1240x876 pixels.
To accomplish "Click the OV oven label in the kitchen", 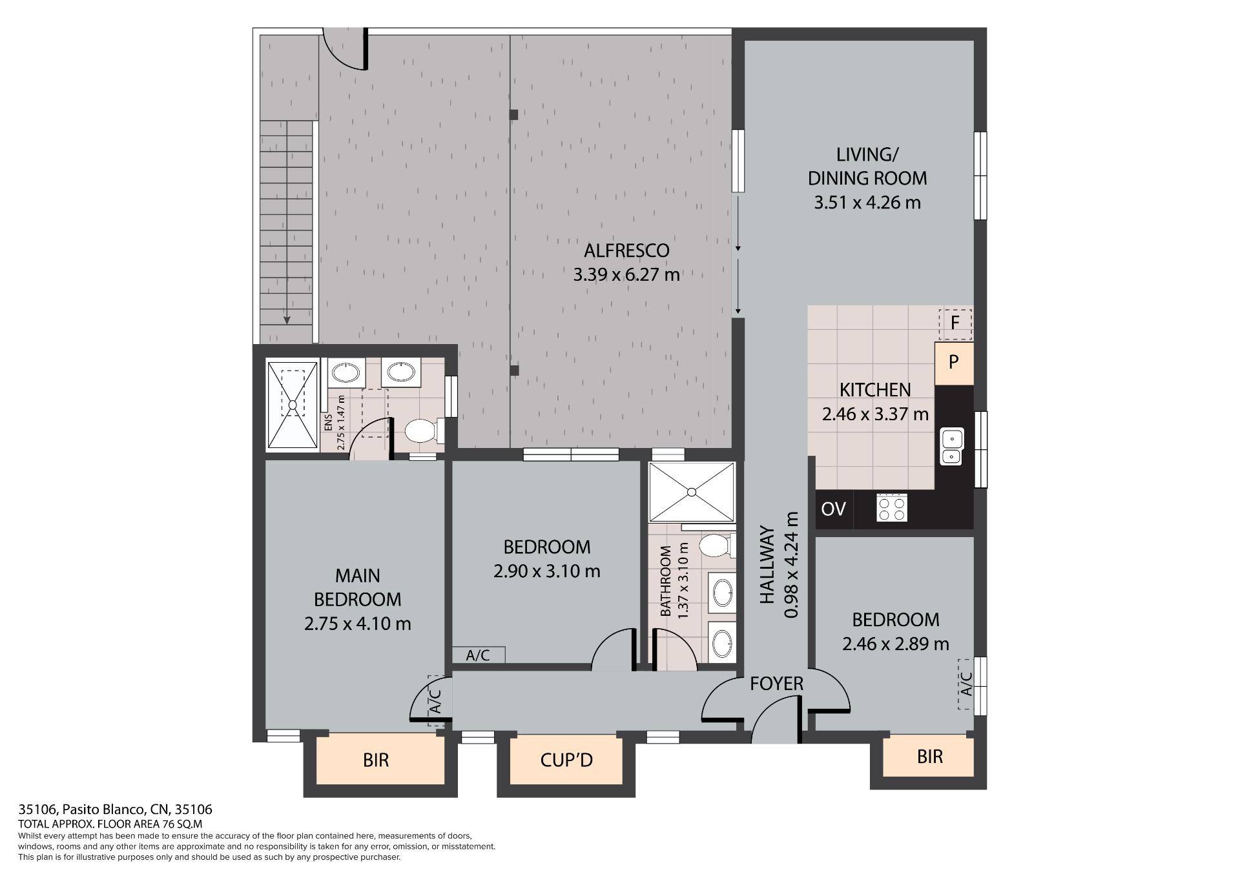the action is coord(833,509).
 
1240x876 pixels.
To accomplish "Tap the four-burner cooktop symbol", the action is coord(892,507).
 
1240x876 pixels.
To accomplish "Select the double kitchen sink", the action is coord(952,447).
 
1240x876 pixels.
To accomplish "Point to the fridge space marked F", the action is coord(955,322).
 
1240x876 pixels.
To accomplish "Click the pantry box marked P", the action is coord(953,362).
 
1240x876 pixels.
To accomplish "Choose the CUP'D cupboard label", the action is coord(566,760).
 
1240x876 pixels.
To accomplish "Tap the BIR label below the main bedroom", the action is coord(376,760).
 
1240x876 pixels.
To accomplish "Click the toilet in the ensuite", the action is coord(424,431).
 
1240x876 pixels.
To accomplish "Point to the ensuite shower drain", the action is coord(293,405).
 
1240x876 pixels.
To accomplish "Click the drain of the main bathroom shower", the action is coord(692,492).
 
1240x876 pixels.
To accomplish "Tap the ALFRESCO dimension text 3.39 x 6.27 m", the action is coord(626,275).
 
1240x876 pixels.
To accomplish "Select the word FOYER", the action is coord(776,684).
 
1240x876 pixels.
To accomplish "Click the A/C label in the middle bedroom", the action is coord(478,655).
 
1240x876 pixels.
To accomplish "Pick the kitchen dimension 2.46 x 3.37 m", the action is coord(875,414).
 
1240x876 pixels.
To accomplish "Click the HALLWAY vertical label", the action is coord(767,565).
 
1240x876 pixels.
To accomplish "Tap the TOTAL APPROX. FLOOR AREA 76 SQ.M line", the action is coord(110,824).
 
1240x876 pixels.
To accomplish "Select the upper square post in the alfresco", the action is coord(513,115).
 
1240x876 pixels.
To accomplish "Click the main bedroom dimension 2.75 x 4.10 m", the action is coord(357,624).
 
